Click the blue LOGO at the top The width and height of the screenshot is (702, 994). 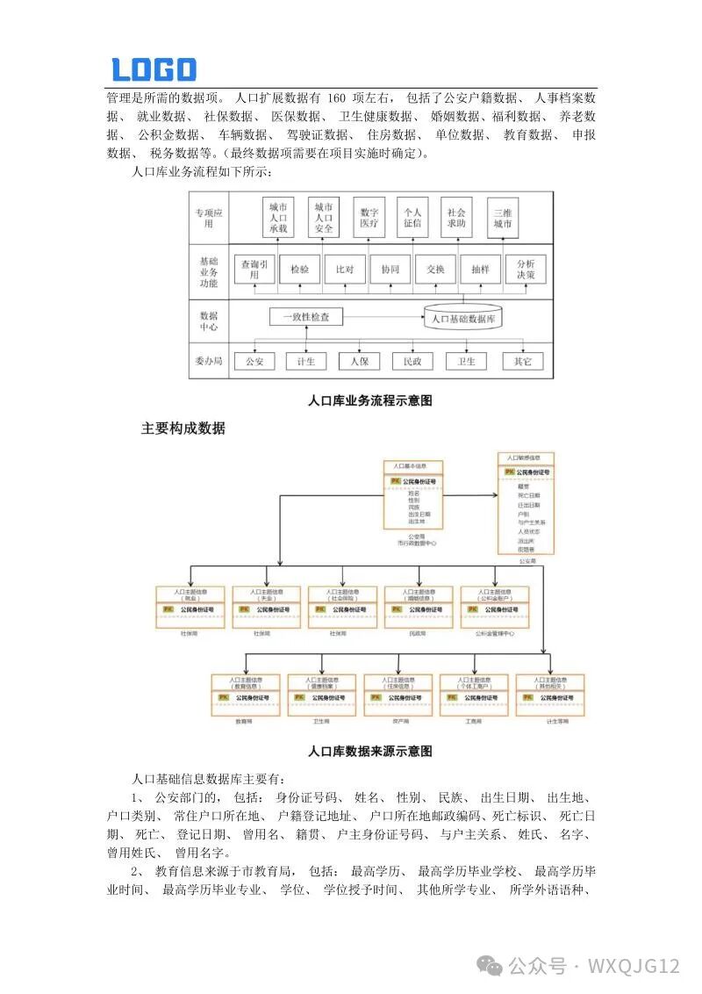[x=154, y=69]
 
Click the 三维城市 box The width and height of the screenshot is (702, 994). [x=503, y=218]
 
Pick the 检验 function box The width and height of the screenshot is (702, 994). [x=299, y=270]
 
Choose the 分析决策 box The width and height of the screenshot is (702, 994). [x=526, y=270]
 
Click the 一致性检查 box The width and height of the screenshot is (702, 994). [x=305, y=317]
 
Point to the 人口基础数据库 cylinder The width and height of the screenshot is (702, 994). [x=463, y=318]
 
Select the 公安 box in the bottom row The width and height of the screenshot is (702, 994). [x=254, y=361]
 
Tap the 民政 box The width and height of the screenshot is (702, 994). [x=412, y=361]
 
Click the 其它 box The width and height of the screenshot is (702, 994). [x=523, y=361]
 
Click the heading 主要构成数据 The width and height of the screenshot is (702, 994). [x=183, y=429]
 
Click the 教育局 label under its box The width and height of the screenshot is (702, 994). [x=244, y=721]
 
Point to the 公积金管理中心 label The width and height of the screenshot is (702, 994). [x=494, y=632]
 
